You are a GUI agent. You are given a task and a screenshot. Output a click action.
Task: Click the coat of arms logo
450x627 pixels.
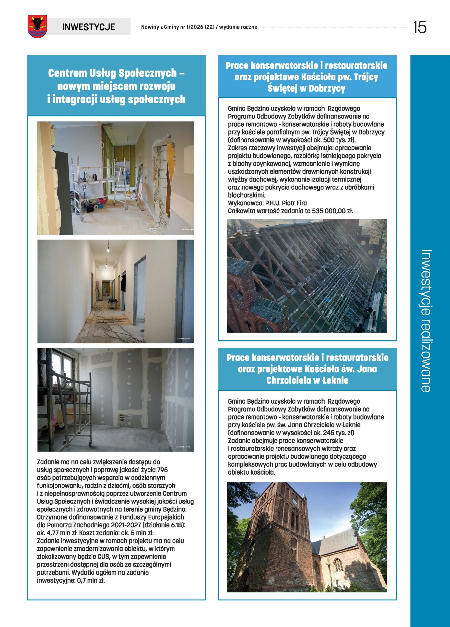[x=37, y=26]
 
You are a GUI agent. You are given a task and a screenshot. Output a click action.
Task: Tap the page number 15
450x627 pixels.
[x=420, y=27]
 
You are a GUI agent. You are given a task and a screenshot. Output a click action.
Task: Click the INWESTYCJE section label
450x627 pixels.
[x=88, y=27]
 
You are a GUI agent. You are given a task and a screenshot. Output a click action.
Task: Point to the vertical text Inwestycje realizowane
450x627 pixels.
[x=426, y=320]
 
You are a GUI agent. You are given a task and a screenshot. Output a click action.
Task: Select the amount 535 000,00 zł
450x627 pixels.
[x=332, y=211]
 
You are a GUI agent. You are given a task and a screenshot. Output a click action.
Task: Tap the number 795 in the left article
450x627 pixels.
[x=162, y=470]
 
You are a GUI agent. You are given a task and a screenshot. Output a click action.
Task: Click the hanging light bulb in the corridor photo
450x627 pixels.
[x=108, y=250]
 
